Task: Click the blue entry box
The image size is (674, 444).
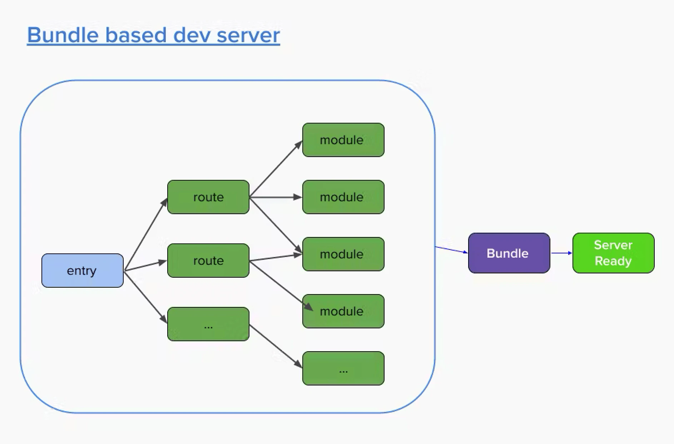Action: [83, 271]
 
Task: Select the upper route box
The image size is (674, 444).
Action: [208, 197]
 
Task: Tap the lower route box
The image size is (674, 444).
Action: [208, 261]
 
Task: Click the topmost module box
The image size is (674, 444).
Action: [343, 140]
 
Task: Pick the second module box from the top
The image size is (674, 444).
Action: [343, 197]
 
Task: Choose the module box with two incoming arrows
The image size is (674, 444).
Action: [343, 254]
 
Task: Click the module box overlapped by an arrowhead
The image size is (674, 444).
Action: [343, 311]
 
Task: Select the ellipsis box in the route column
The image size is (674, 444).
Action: [208, 324]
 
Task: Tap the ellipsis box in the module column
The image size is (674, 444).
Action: [343, 368]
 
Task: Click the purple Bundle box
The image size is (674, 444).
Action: [509, 253]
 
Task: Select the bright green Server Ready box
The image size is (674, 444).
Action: [613, 253]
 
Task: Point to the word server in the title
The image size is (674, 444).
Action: [248, 35]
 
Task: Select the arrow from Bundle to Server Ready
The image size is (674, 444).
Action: [561, 253]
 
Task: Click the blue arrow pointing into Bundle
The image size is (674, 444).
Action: [451, 249]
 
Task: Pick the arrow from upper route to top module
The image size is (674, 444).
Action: [276, 169]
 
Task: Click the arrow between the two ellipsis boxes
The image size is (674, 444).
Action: [275, 346]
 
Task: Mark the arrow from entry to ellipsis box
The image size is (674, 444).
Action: [145, 297]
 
